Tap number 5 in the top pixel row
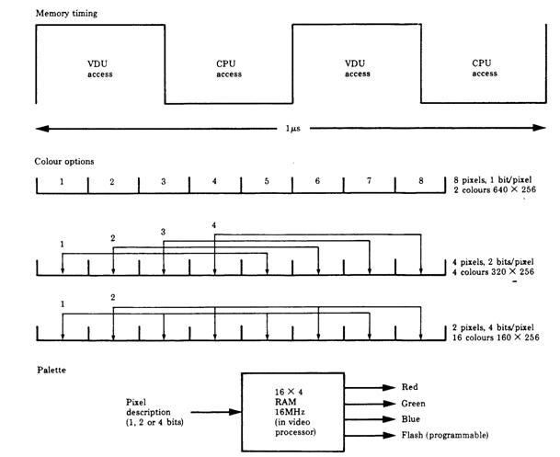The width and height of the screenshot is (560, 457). pos(267,181)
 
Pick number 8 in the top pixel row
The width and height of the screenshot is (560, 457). pos(421,181)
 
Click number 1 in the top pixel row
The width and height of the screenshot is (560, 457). pos(61,181)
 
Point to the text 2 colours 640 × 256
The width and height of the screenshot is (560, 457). pos(493,190)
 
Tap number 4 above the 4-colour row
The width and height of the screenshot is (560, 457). pos(215,225)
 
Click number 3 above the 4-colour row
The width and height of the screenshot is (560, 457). pos(164,232)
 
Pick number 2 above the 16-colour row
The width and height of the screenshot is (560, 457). pos(112,298)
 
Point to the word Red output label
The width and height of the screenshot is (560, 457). pos(411,386)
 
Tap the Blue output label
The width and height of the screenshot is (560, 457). pos(412,418)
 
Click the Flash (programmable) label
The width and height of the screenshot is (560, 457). pos(445,434)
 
